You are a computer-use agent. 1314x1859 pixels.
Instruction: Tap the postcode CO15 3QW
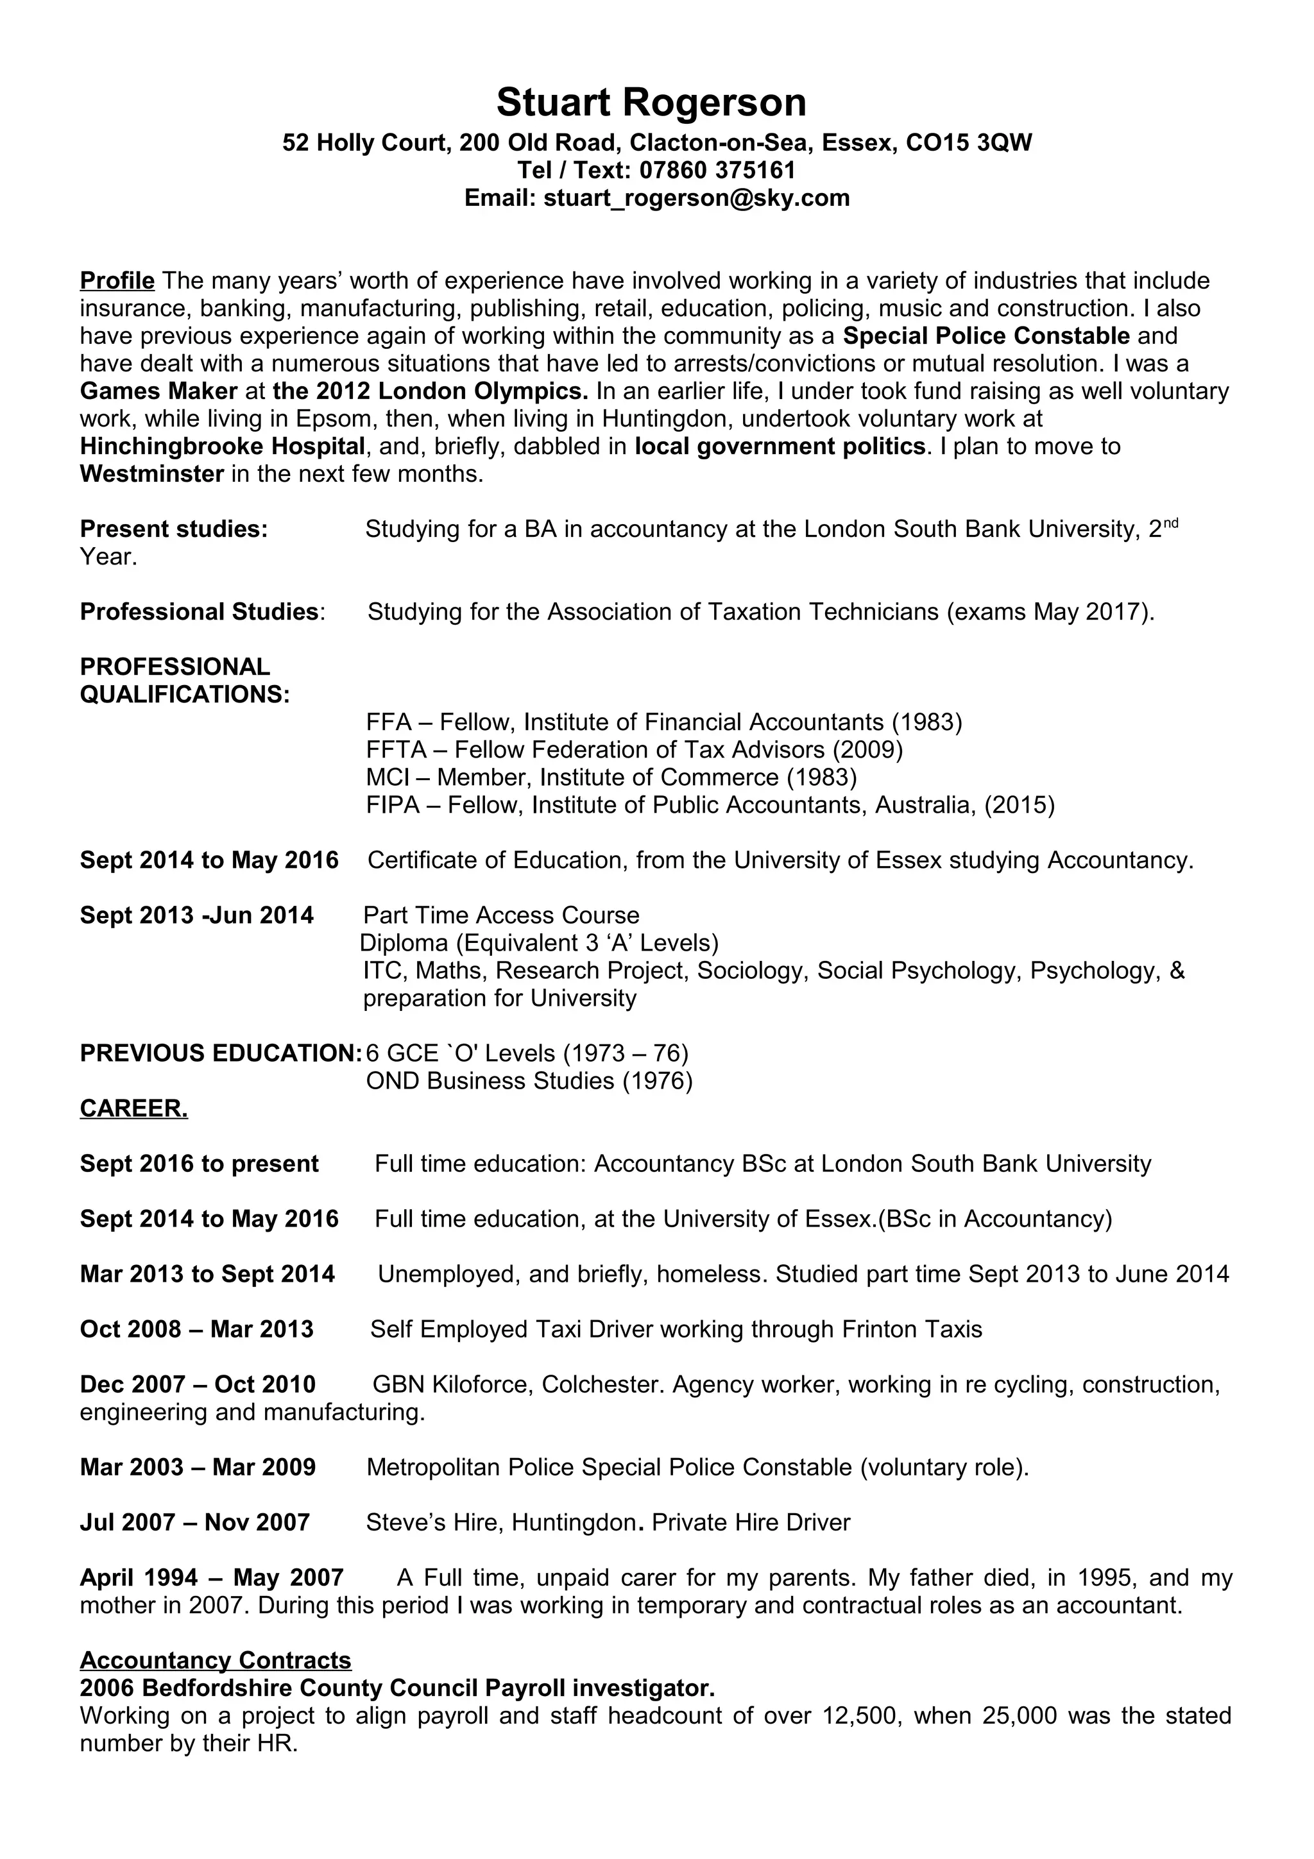pyautogui.click(x=968, y=143)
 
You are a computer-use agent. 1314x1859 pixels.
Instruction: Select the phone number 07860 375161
pyautogui.click(x=717, y=170)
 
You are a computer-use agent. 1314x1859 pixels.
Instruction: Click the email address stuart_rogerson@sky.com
pyautogui.click(x=696, y=198)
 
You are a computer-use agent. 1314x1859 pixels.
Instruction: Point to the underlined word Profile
pyautogui.click(x=117, y=281)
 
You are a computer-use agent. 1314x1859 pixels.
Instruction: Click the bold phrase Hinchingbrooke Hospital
pyautogui.click(x=223, y=446)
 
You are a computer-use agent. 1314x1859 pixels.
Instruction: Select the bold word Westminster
pyautogui.click(x=151, y=473)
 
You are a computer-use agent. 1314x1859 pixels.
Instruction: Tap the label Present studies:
pyautogui.click(x=173, y=529)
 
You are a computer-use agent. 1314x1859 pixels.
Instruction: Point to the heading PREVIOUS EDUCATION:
pyautogui.click(x=220, y=1053)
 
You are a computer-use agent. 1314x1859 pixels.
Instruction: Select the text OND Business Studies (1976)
pyautogui.click(x=529, y=1081)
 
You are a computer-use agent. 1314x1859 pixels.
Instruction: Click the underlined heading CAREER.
pyautogui.click(x=133, y=1108)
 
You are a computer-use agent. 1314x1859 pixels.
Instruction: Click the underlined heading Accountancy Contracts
pyautogui.click(x=216, y=1661)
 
